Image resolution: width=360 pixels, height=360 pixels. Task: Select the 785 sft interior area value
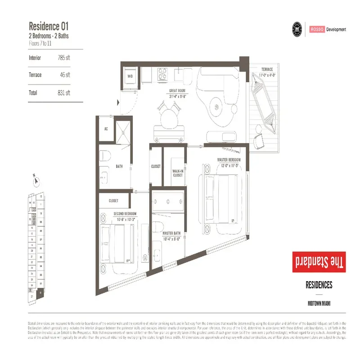(64, 58)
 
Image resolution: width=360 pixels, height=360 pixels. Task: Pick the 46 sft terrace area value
(65, 75)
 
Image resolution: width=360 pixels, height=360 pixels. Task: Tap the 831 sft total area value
(64, 93)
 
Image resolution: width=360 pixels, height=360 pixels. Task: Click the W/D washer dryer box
(130, 76)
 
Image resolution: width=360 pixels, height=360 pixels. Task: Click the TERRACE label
(267, 69)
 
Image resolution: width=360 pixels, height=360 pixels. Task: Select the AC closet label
(106, 129)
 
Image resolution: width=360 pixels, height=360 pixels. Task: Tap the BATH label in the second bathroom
(119, 166)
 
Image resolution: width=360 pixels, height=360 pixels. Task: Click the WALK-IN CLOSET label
(178, 173)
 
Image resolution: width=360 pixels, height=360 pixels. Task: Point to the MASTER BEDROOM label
(229, 160)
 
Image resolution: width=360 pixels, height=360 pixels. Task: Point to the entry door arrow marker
(118, 103)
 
